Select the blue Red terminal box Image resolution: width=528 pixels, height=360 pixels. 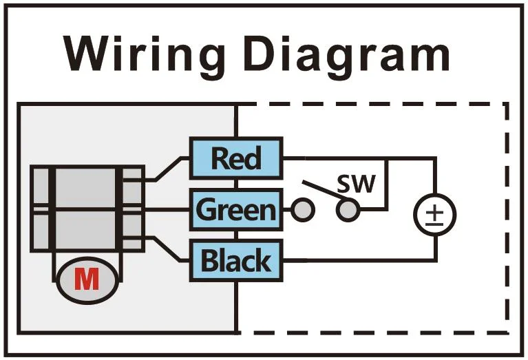click(236, 158)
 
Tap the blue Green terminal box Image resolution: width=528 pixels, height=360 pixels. click(236, 209)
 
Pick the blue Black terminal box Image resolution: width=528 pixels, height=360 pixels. click(236, 261)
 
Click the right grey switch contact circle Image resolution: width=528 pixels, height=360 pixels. click(348, 210)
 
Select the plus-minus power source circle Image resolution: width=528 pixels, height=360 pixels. click(435, 213)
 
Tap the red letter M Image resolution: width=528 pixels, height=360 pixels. click(87, 279)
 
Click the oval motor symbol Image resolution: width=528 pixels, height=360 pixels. click(87, 279)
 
